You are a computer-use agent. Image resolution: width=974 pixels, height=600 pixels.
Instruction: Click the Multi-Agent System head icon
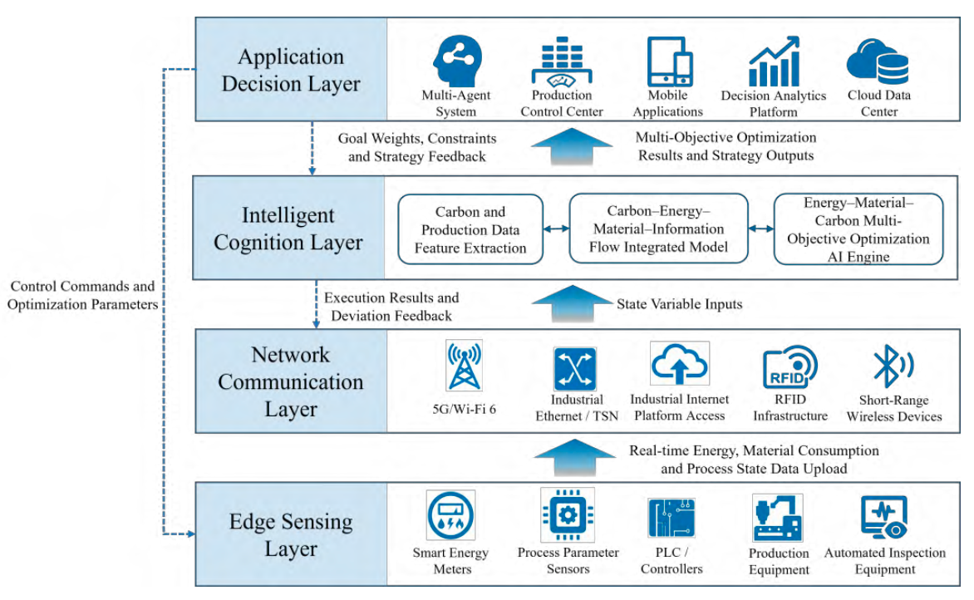pos(457,60)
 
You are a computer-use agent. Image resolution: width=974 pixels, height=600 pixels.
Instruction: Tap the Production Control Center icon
pos(562,61)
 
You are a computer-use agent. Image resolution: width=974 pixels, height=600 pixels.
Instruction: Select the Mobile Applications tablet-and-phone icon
pos(669,61)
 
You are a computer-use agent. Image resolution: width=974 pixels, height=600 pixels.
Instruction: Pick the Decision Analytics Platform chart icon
pos(774,61)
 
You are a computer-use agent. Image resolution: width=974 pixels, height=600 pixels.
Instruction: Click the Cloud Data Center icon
pos(878,61)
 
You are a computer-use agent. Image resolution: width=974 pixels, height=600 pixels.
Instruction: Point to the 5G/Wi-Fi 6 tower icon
pos(464,365)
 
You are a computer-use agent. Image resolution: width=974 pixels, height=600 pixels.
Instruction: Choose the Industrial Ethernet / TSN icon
pos(575,369)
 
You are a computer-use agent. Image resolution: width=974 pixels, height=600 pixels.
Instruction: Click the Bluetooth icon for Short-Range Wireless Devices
pos(893,366)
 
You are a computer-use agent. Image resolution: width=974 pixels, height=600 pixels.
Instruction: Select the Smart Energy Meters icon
pos(451,515)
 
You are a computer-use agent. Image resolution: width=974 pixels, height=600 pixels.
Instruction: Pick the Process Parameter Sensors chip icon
pos(568,515)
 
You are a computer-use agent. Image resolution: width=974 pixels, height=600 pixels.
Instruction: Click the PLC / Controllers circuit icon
pos(671,518)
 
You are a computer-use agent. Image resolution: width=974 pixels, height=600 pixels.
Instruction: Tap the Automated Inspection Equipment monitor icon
pos(884,517)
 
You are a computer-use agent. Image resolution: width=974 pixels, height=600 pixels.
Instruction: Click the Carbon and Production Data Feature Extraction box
pos(470,230)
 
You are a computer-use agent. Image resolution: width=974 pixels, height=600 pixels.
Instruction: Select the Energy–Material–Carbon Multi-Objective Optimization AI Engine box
pos(858,229)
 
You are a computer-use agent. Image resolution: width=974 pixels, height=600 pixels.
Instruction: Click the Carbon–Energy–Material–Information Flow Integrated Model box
pos(658,229)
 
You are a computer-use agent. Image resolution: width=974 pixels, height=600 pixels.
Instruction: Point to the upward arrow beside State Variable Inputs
pos(572,303)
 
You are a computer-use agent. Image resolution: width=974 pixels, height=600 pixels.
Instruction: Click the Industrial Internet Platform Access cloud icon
pos(680,364)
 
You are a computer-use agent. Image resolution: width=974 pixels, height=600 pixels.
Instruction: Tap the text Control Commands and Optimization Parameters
pos(82,295)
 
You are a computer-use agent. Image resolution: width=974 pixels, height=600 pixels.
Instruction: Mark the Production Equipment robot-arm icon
pos(777,518)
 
